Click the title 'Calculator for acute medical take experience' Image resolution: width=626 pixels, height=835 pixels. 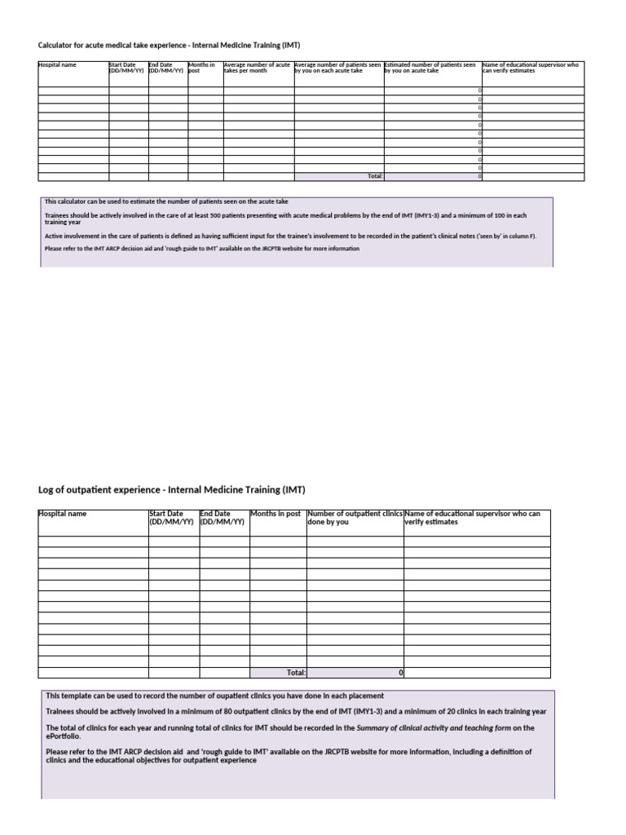click(174, 45)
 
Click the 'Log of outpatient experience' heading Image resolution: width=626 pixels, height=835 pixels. click(171, 490)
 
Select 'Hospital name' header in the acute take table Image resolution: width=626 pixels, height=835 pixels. click(57, 65)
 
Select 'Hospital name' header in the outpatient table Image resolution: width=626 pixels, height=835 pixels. click(63, 514)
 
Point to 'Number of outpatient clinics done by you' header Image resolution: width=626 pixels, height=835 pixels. click(355, 518)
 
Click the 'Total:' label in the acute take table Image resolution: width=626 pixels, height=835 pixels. click(375, 176)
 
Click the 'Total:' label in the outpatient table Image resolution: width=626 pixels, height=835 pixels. click(295, 673)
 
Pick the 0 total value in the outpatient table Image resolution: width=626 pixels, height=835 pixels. click(400, 673)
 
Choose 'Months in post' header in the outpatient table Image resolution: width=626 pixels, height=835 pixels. click(276, 514)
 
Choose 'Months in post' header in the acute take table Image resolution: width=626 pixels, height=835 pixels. click(201, 68)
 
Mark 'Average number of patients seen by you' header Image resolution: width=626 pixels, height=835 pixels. click(337, 68)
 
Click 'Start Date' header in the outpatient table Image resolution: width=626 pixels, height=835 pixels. click(172, 518)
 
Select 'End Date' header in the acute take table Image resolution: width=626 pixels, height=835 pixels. click(166, 68)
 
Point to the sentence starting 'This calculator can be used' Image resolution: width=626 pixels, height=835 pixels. click(166, 201)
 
